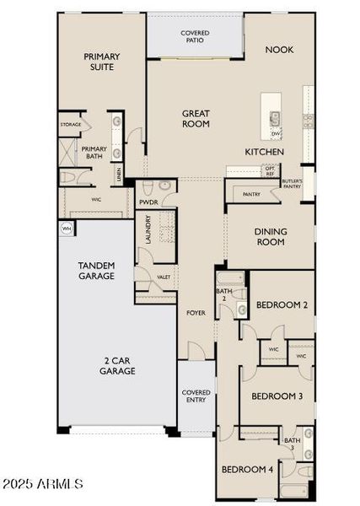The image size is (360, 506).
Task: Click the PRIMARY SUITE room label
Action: pyautogui.click(x=101, y=62)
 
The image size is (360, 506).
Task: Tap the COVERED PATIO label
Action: pyautogui.click(x=195, y=37)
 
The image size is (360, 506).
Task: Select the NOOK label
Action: pyautogui.click(x=279, y=50)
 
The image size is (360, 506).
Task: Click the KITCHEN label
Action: pyautogui.click(x=264, y=152)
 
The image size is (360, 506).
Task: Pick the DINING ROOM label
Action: pyautogui.click(x=271, y=237)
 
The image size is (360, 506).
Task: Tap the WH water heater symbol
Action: pyautogui.click(x=66, y=228)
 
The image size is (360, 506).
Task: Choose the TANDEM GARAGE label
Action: pyautogui.click(x=96, y=271)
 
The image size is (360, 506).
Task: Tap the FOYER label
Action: pyautogui.click(x=196, y=313)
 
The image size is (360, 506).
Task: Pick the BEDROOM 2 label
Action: pyautogui.click(x=281, y=305)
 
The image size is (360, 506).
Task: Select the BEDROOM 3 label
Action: pyautogui.click(x=277, y=396)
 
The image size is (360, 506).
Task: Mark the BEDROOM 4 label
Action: pyautogui.click(x=247, y=469)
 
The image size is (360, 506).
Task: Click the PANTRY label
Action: pyautogui.click(x=251, y=195)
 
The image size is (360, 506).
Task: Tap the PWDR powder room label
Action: pyautogui.click(x=149, y=202)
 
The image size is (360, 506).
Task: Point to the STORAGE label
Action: pyautogui.click(x=71, y=125)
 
